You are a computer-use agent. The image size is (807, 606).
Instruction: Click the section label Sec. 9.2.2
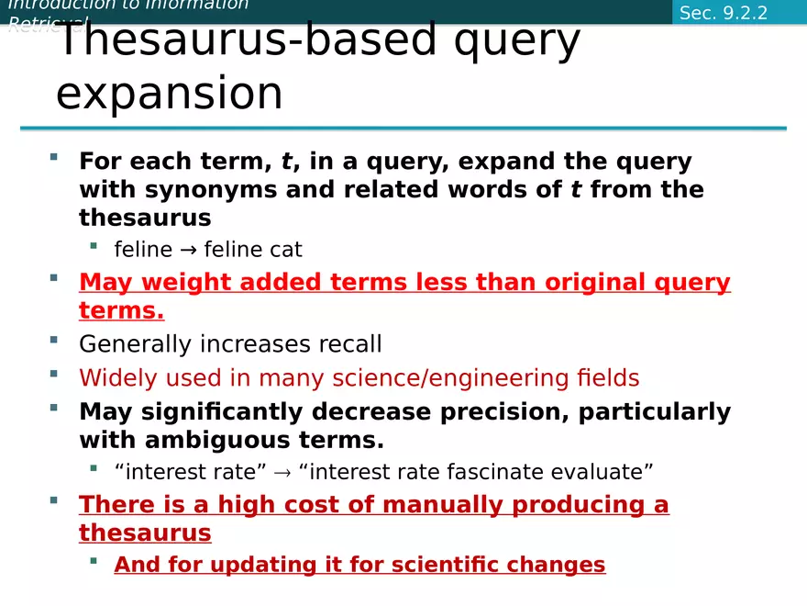(x=724, y=12)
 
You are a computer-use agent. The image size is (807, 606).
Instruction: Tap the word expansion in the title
(x=170, y=94)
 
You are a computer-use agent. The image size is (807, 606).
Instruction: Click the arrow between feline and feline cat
(x=188, y=250)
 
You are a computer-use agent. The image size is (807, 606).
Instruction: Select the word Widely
(x=118, y=377)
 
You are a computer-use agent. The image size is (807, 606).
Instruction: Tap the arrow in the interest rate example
(x=282, y=473)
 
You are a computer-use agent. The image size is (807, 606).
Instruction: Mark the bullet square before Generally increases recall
(x=54, y=340)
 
